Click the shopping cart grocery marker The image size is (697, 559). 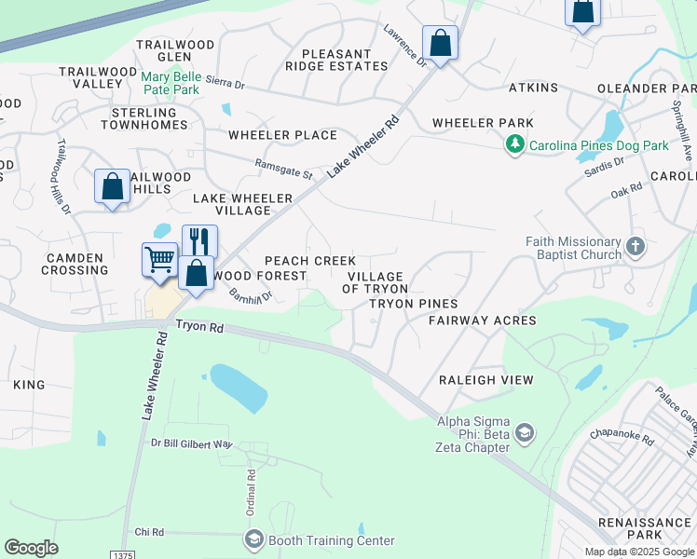pyautogui.click(x=159, y=260)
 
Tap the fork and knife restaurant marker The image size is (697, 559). pyautogui.click(x=199, y=241)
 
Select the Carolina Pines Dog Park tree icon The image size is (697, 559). pyautogui.click(x=514, y=145)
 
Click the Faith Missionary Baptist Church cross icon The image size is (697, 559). pyautogui.click(x=635, y=248)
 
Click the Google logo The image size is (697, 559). pyautogui.click(x=31, y=548)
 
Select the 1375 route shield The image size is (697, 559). pyautogui.click(x=121, y=554)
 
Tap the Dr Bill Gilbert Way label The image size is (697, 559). pyautogui.click(x=191, y=444)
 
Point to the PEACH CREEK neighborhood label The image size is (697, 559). pyautogui.click(x=310, y=261)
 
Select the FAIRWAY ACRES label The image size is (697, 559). pyautogui.click(x=483, y=320)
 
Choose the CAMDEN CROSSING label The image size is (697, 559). pyautogui.click(x=75, y=263)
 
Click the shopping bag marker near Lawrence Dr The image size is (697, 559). pyautogui.click(x=440, y=43)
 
